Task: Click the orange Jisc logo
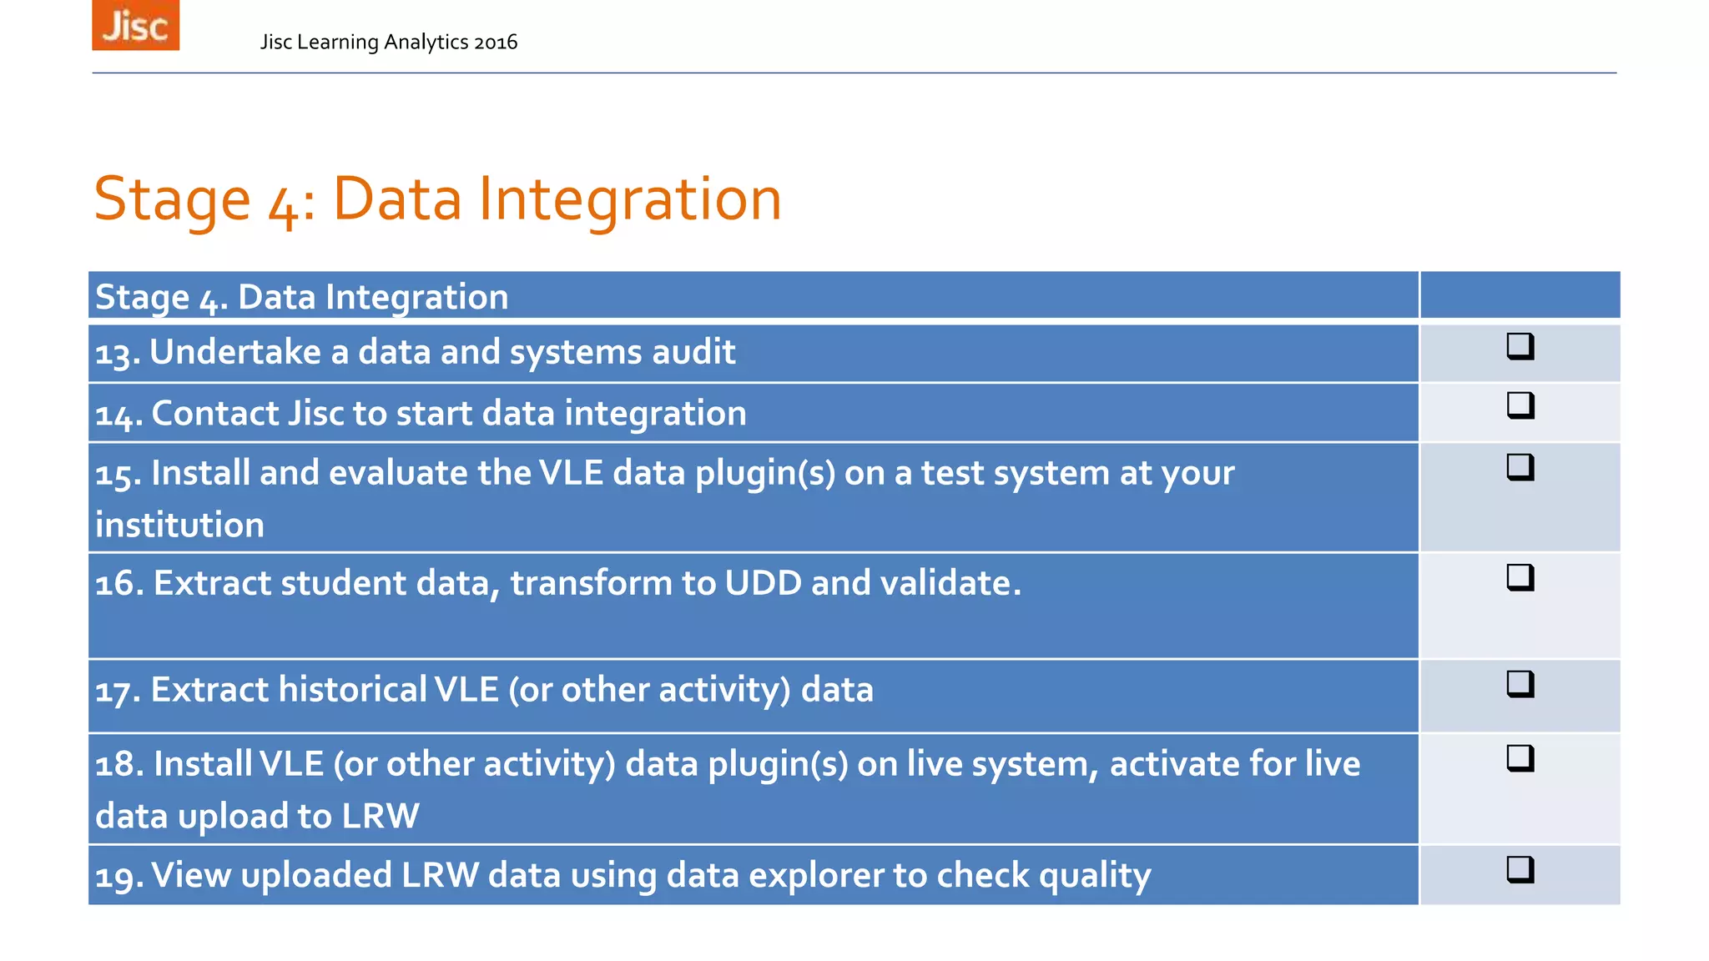[x=135, y=25]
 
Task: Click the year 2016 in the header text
[x=496, y=43]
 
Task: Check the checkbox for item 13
[x=1520, y=345]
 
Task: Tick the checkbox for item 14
[x=1520, y=405]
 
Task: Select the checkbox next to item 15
[x=1520, y=466]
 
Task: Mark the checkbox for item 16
[x=1520, y=576]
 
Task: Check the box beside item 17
[x=1520, y=683]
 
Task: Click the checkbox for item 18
[x=1520, y=757]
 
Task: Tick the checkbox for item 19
[x=1520, y=869]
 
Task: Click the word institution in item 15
[x=179, y=526]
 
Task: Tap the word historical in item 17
[x=352, y=690]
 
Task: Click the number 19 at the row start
[x=117, y=877]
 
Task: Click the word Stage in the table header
[x=142, y=298]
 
